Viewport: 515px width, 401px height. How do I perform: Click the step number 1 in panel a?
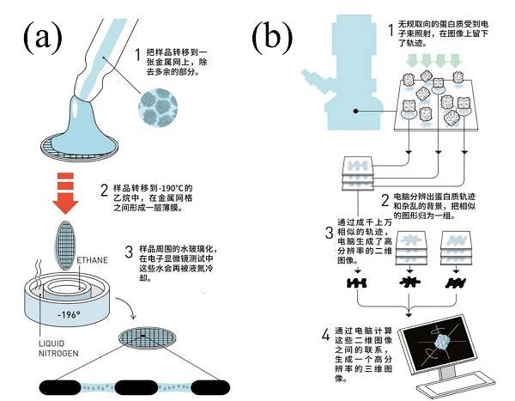[x=138, y=56]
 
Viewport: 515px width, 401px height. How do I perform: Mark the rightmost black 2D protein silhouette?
[x=452, y=283]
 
